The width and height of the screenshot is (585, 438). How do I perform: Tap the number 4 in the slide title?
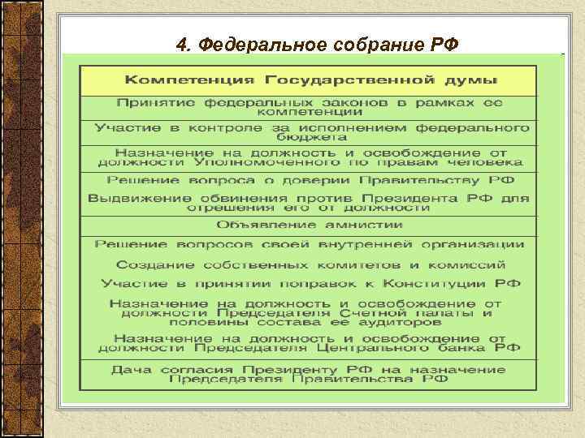pyautogui.click(x=180, y=44)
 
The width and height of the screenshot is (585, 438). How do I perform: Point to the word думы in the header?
pyautogui.click(x=471, y=81)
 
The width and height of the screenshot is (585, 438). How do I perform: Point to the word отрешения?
pyautogui.click(x=225, y=208)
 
